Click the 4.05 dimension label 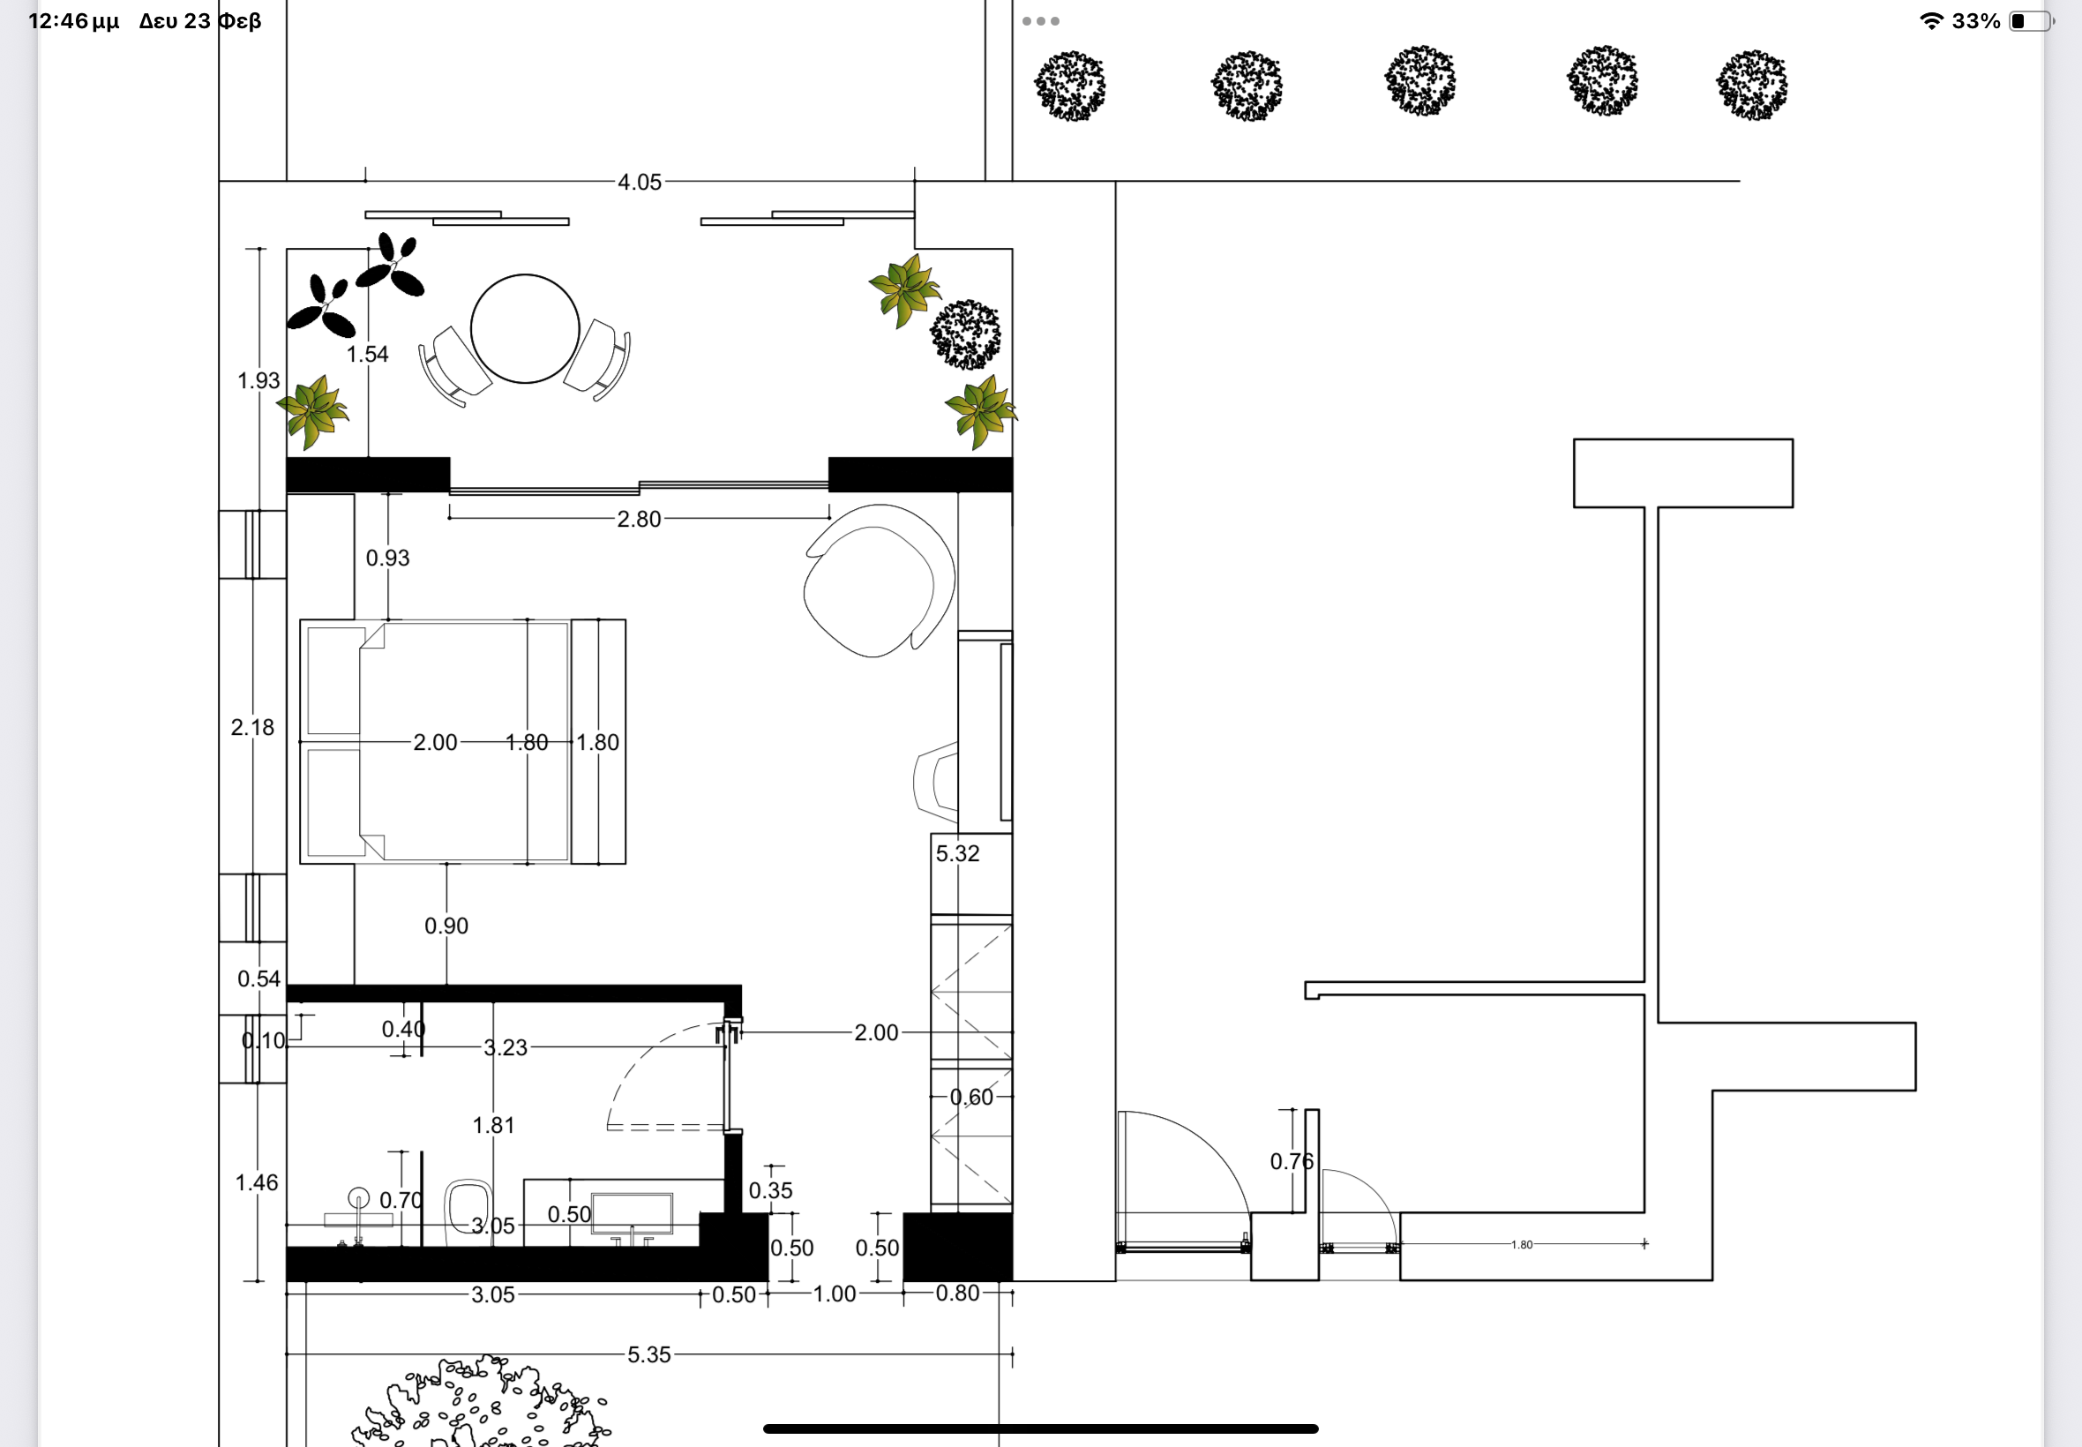tap(639, 183)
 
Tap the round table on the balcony tap(525, 328)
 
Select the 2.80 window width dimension tap(639, 520)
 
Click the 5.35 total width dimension tap(649, 1354)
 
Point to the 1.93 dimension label tap(258, 381)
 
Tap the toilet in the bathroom tap(468, 1211)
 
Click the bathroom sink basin tap(632, 1214)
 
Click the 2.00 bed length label tap(435, 743)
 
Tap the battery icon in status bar tap(2030, 21)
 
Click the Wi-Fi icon tap(1931, 21)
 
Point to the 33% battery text tap(1976, 21)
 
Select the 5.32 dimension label tap(957, 854)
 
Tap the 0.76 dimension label tap(1292, 1161)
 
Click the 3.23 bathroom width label tap(505, 1048)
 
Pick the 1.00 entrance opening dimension tap(834, 1293)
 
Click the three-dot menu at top tap(1040, 21)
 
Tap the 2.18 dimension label tap(252, 728)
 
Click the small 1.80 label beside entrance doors tap(1522, 1245)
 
